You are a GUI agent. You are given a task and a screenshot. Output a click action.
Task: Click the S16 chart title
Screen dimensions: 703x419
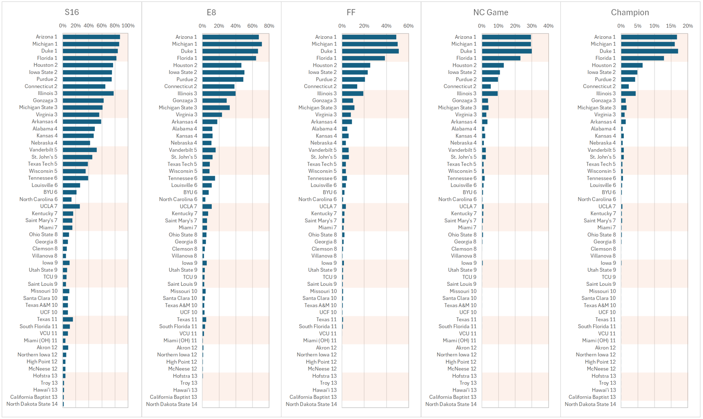[72, 12]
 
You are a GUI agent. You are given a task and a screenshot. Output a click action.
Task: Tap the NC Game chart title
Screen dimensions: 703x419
[491, 12]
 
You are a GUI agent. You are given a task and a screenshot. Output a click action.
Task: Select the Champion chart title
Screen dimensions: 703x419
[630, 12]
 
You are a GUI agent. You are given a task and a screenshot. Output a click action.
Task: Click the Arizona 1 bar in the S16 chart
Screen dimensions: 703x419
[91, 37]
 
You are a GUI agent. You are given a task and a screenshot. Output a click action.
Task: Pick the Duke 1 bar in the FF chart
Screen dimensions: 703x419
[370, 51]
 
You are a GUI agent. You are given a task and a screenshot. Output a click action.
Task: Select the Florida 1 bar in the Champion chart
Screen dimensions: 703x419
[642, 58]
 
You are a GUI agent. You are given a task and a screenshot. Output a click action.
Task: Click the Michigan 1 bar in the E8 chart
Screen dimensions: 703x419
[232, 44]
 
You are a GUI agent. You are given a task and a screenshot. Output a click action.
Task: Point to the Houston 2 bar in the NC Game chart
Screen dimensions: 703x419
[493, 65]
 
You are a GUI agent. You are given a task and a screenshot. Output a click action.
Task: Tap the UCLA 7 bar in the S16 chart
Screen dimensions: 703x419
[71, 206]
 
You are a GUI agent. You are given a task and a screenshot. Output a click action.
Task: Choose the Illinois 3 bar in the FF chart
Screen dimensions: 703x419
[353, 94]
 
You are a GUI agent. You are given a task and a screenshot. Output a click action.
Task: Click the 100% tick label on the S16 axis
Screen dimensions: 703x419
[128, 26]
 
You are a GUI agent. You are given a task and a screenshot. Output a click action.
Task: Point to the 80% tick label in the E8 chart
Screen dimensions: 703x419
[269, 26]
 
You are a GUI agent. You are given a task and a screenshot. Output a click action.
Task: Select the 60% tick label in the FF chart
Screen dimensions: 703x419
[408, 26]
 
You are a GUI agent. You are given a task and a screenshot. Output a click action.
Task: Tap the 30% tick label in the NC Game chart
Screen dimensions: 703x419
[531, 26]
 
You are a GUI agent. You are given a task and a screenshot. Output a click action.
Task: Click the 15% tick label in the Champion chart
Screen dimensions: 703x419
[671, 26]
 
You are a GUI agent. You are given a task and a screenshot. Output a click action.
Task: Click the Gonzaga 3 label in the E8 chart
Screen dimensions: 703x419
[185, 101]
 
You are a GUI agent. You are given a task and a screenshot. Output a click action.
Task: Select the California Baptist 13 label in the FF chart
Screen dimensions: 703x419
[313, 397]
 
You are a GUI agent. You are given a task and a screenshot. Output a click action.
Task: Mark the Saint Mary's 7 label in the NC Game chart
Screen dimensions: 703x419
[460, 221]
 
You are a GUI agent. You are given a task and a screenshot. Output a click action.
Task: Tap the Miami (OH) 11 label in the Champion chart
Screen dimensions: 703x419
[599, 341]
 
